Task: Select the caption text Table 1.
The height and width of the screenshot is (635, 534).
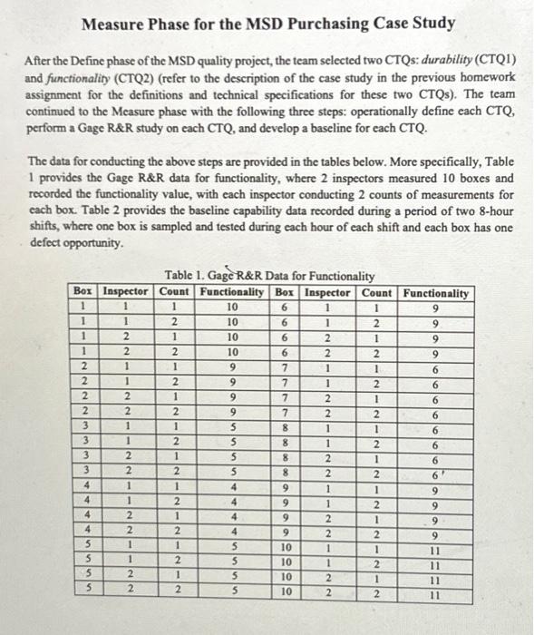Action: tap(184, 277)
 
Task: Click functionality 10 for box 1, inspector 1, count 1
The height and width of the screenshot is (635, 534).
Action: tap(231, 307)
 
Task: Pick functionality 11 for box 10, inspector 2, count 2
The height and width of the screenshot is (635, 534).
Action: tap(436, 593)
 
